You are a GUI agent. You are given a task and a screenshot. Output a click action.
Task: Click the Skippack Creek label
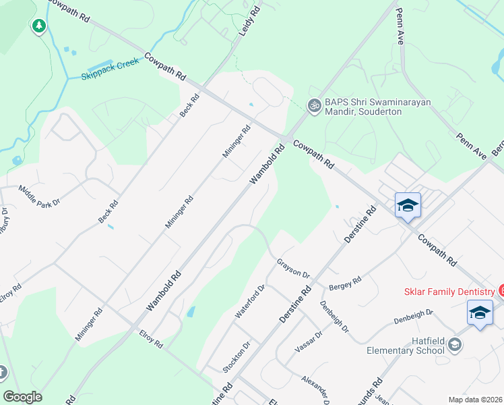(x=111, y=65)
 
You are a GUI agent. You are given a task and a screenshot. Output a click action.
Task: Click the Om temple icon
(x=313, y=106)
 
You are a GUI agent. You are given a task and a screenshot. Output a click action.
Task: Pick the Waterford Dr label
(x=250, y=301)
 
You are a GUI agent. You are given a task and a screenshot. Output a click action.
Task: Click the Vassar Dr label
(x=311, y=341)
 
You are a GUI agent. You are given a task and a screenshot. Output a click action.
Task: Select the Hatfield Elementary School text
(x=406, y=346)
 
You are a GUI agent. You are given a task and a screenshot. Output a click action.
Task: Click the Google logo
(x=22, y=396)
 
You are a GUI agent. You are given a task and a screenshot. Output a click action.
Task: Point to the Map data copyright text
(x=476, y=400)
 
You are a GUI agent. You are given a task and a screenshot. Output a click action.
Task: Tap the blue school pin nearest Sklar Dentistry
(x=479, y=313)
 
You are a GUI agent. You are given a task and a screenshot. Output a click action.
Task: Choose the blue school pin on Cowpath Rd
(x=408, y=205)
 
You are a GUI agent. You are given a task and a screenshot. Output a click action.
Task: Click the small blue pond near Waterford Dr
(x=191, y=312)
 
